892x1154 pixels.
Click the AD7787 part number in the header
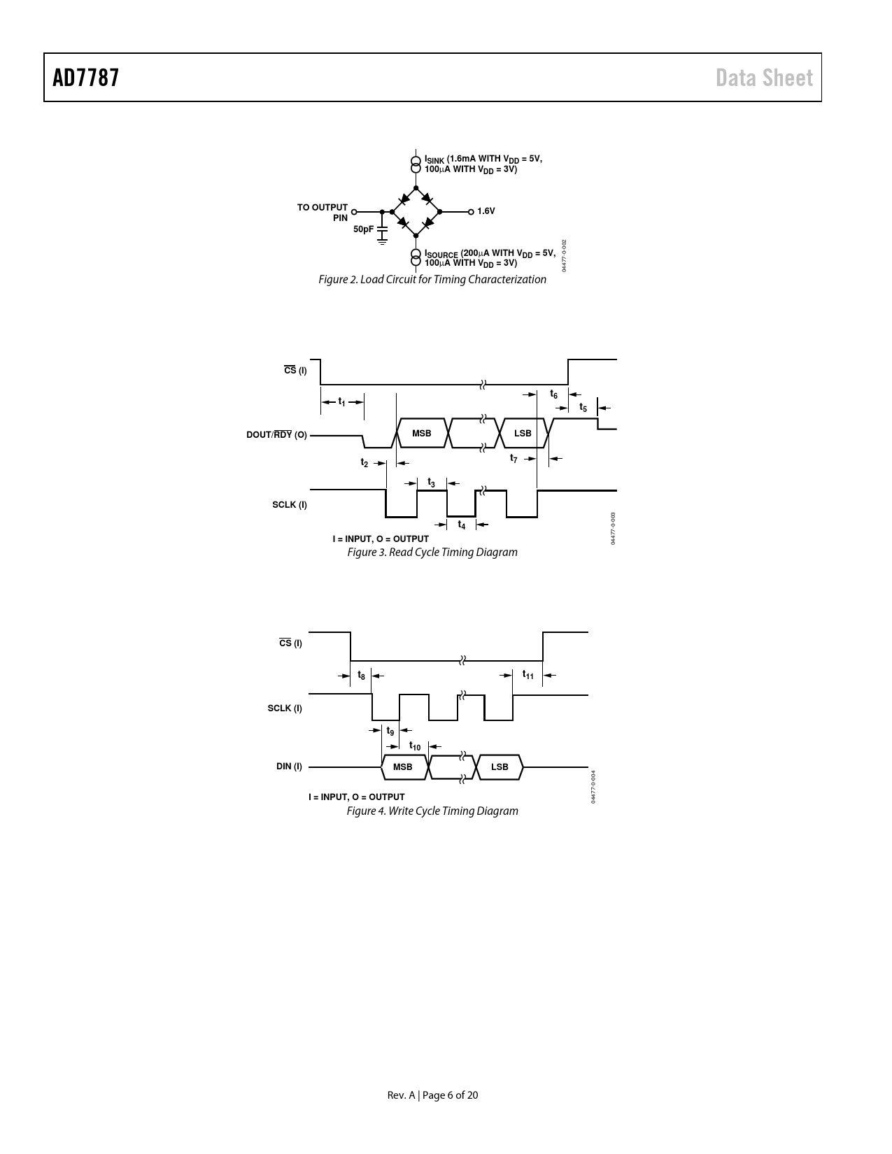pos(85,78)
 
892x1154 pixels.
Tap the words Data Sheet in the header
pos(764,78)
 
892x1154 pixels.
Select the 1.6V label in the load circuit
pos(486,211)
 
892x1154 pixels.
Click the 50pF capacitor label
pos(363,229)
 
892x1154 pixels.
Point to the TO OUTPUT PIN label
pos(323,213)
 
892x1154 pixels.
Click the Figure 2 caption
pos(432,279)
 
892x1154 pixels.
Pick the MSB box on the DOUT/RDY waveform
pos(421,434)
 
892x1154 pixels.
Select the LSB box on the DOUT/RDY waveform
pos(523,434)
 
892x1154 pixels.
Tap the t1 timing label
pos(341,402)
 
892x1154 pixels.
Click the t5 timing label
pos(583,407)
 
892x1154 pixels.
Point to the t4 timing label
pos(462,525)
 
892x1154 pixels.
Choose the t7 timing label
pos(514,458)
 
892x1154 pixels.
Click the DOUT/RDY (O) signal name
pos(276,434)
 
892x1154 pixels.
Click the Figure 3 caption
pos(432,553)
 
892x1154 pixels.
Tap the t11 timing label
pos(528,674)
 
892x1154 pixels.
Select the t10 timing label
pos(414,746)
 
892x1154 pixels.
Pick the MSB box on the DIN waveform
pos(403,767)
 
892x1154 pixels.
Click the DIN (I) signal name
pos(289,767)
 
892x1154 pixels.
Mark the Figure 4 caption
pos(432,811)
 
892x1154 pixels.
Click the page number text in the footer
pos(432,1095)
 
